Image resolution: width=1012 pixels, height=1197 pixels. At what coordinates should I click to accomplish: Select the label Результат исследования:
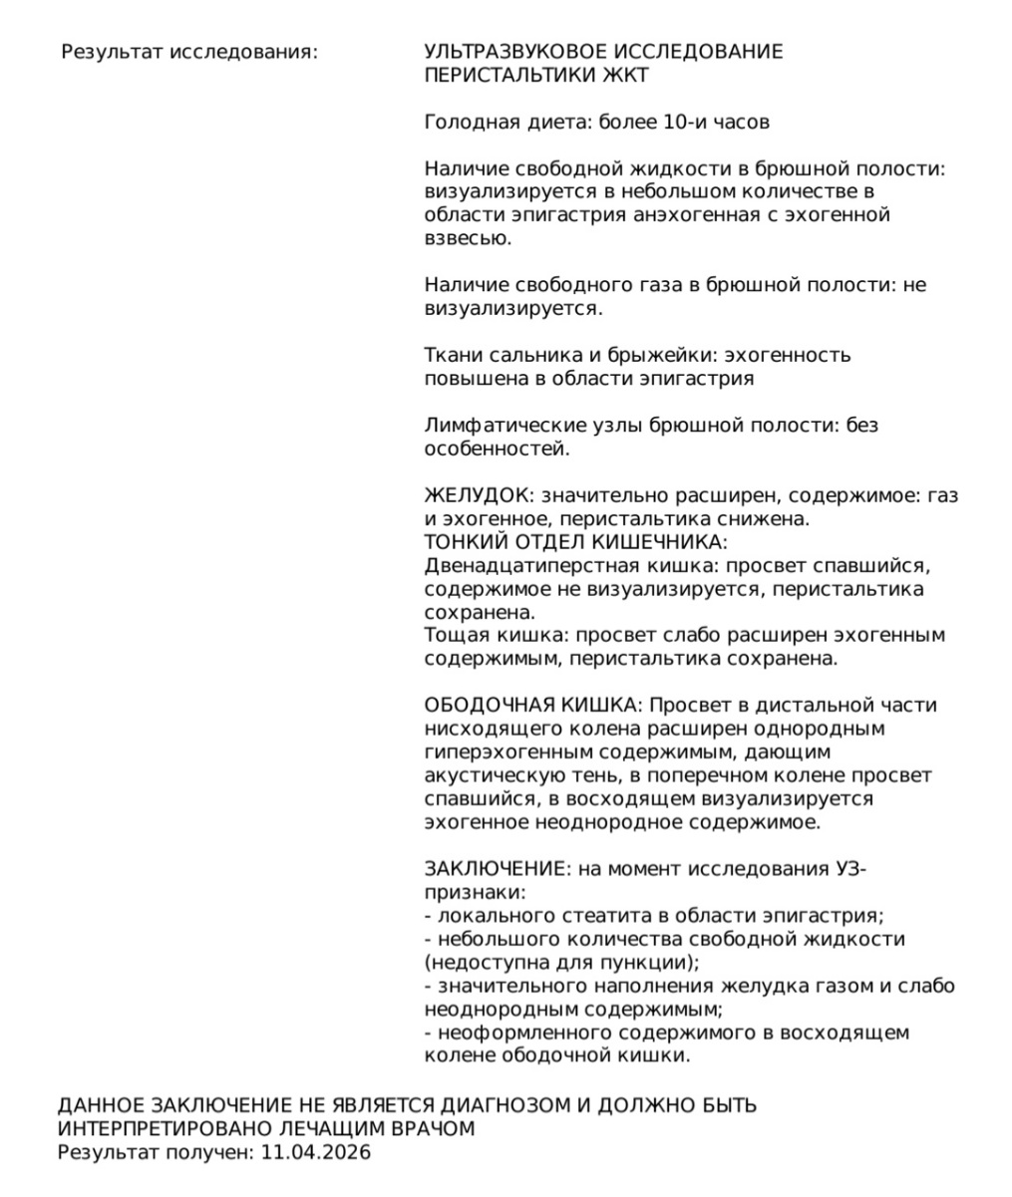click(x=189, y=52)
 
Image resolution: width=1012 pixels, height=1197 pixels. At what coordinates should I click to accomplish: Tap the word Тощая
click(x=454, y=635)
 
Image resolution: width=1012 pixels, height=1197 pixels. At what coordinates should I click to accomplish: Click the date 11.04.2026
click(x=316, y=1153)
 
